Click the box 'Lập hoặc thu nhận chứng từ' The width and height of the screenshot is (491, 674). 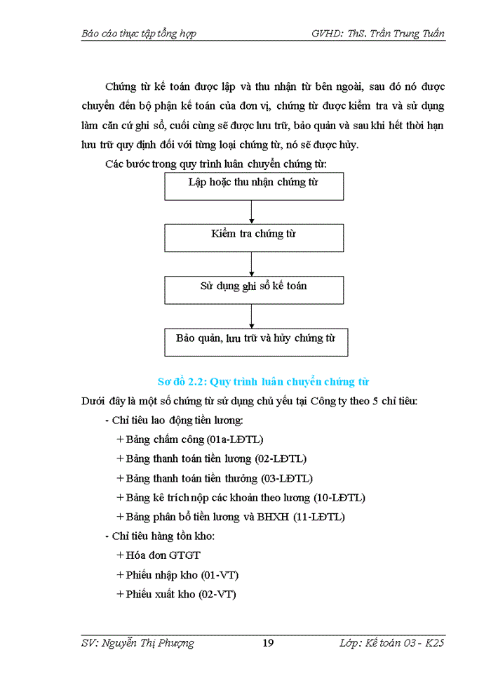pos(253,186)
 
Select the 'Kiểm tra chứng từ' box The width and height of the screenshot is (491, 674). pos(253,237)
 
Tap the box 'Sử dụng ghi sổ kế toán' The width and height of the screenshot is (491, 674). pos(253,289)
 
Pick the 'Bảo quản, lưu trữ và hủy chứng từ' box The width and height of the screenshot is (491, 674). pos(255,341)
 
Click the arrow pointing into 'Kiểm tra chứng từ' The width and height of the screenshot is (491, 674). pos(252,212)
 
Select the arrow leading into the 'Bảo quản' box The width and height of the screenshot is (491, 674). pos(252,316)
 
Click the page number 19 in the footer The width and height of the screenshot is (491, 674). pos(267,643)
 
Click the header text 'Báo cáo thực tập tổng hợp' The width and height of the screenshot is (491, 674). pos(139,33)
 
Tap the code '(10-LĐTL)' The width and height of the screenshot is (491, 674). pos(339,498)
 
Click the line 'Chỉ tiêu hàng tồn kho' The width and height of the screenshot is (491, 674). pos(163,536)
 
